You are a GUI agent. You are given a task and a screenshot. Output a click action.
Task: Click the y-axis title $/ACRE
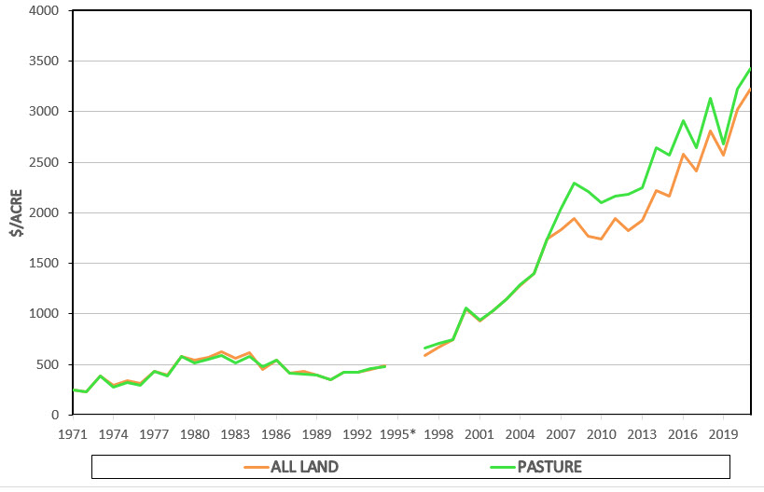17,212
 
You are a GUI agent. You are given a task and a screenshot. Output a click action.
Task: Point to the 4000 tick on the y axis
43,11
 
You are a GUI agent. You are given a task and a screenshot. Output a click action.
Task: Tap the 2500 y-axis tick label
43,162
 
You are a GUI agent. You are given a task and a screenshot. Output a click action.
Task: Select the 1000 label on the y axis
43,314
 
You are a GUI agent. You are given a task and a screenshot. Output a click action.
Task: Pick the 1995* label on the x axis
399,433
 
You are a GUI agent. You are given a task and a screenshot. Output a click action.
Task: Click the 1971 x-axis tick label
73,433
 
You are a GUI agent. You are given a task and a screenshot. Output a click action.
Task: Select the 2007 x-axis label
561,433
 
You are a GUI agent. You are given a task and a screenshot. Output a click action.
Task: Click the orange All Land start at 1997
425,355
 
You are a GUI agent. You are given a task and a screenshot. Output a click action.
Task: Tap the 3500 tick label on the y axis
43,61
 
